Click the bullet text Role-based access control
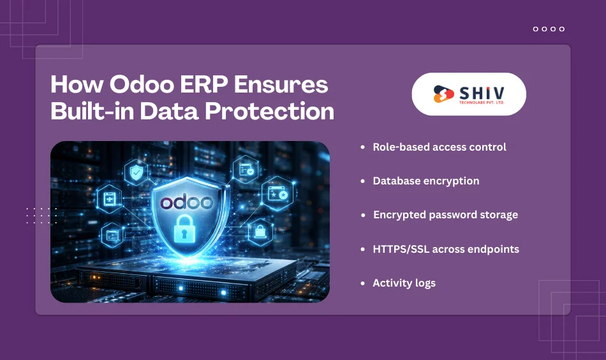pos(440,147)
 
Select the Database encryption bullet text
pos(426,181)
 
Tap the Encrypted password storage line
pos(445,214)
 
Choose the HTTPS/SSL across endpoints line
pos(446,249)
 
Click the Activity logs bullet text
pos(404,283)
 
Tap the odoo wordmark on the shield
pos(186,202)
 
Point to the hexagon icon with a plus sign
pos(109,197)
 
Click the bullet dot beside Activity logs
pos(363,283)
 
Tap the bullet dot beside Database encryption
pos(363,181)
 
